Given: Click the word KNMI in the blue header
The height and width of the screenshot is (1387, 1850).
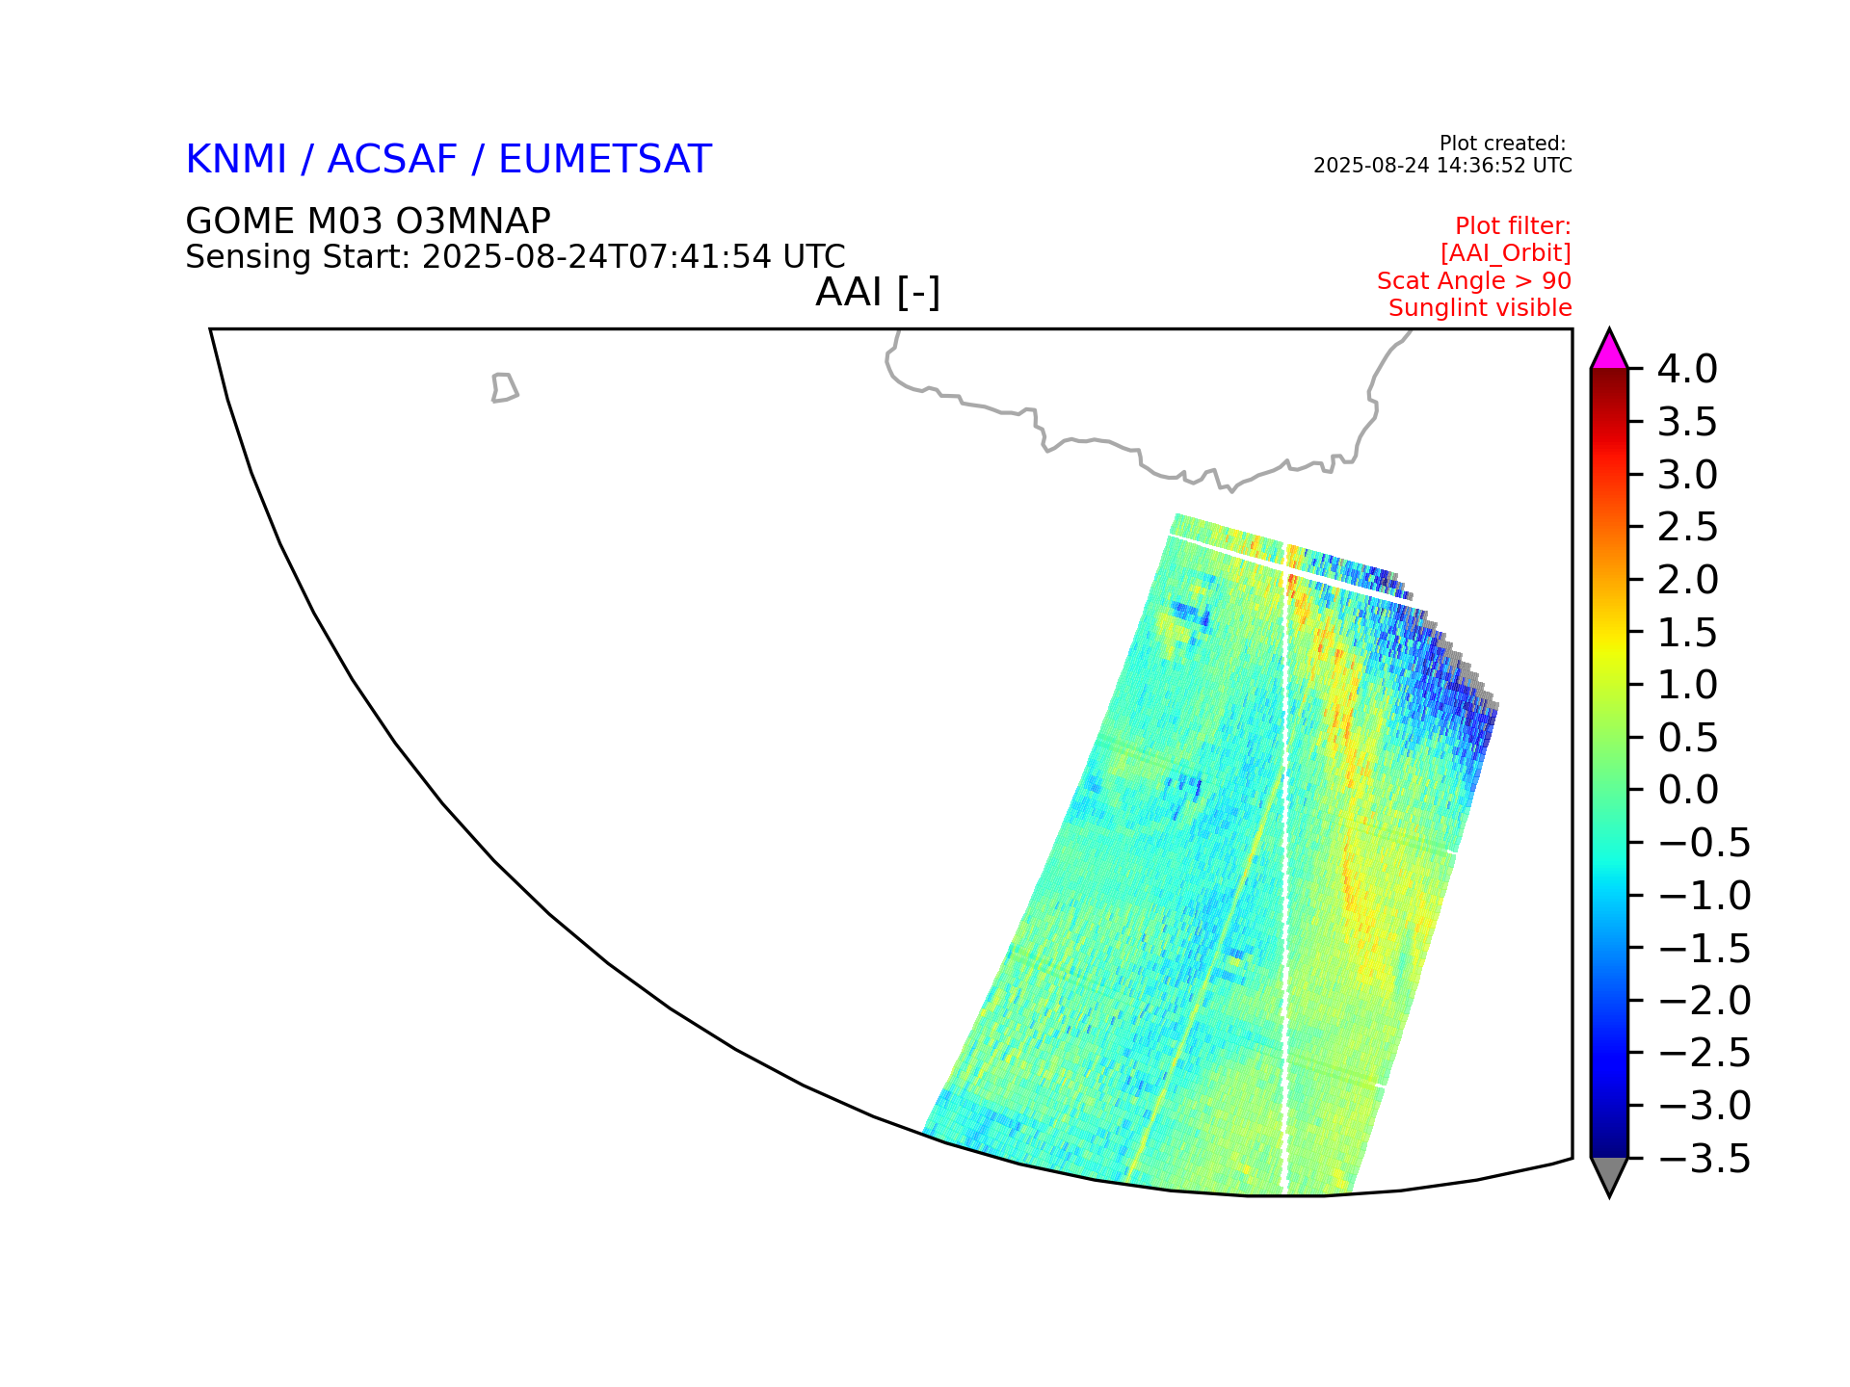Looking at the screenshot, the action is pos(236,160).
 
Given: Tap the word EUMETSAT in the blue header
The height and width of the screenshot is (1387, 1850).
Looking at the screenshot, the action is pos(604,160).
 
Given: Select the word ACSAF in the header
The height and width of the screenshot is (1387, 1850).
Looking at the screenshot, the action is pos(392,160).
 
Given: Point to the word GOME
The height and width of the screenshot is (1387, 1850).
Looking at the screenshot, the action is pos(240,222).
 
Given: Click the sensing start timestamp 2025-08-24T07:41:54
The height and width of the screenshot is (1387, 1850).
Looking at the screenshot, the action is pos(596,257).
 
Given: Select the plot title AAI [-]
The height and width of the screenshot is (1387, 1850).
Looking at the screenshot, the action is pos(878,292).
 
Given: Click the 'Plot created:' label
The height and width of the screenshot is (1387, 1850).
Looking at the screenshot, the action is pos(1502,144).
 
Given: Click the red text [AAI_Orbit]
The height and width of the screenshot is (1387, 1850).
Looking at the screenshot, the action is pos(1506,253).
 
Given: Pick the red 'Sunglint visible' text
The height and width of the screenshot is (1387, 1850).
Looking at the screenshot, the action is pos(1480,308).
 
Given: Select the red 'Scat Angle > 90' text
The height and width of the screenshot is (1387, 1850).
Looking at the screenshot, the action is pos(1474,281).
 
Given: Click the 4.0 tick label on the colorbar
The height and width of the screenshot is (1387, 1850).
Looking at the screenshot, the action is pos(1687,369).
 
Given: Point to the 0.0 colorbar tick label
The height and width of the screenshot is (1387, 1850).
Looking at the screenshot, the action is pos(1688,790).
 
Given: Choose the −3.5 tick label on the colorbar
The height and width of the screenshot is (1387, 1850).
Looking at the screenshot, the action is pos(1705,1159).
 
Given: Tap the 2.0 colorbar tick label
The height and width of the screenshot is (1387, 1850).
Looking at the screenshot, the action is pos(1688,580).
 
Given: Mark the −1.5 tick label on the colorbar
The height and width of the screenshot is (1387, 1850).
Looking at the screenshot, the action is pos(1705,949).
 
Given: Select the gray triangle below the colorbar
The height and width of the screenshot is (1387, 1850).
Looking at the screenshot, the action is pos(1609,1174).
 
